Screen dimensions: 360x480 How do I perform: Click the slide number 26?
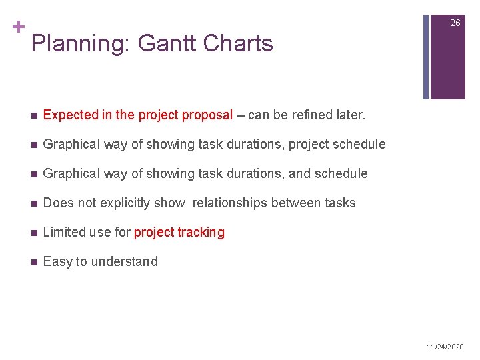pos(455,23)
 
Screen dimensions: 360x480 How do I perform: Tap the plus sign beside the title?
pos(17,27)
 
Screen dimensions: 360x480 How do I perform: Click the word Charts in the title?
pos(238,44)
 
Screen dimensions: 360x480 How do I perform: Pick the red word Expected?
pos(71,115)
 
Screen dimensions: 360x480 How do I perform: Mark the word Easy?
pos(57,261)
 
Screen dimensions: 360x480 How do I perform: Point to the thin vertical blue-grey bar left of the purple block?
pos(426,50)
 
